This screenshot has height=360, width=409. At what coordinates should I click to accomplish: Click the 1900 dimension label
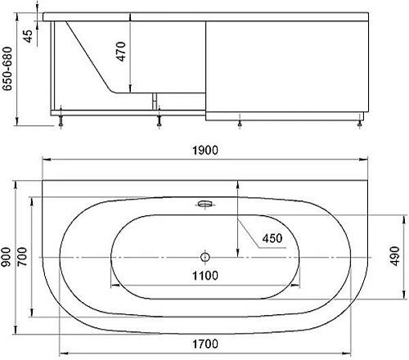205,151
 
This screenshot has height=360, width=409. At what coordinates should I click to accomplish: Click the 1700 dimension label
205,344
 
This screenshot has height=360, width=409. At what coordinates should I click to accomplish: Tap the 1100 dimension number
205,276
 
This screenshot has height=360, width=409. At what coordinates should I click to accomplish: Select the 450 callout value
272,238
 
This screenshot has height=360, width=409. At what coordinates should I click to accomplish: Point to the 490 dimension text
395,256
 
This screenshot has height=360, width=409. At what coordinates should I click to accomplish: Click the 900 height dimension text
7,257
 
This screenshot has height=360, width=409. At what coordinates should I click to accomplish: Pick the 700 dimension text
22,257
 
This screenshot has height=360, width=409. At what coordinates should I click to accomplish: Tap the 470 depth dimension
121,52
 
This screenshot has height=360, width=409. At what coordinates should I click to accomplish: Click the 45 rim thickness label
28,36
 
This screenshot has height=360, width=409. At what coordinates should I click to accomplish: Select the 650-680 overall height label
7,69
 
